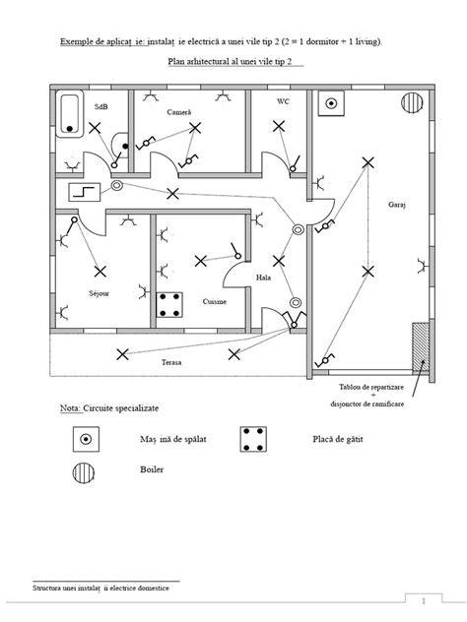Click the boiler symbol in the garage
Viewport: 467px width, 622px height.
pos(412,102)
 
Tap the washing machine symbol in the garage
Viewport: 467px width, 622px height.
pos(331,103)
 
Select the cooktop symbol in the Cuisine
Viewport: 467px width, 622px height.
pos(169,305)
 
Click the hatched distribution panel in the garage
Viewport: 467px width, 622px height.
pos(421,347)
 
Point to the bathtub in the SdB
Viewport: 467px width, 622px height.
pos(70,113)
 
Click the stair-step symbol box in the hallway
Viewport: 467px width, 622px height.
pos(84,192)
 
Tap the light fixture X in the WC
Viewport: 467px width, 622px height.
pos(279,127)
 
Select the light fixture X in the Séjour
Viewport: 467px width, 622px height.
pos(100,272)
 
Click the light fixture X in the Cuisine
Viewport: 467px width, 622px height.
pos(201,261)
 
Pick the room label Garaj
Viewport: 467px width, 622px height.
pos(397,205)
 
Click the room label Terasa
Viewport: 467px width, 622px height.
pos(171,362)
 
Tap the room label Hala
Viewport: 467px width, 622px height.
pos(264,278)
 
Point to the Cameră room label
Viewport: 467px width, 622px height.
pos(179,112)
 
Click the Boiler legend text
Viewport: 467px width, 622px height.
pos(152,469)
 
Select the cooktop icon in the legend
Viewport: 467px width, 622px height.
pos(253,439)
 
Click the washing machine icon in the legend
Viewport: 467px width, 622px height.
pos(86,439)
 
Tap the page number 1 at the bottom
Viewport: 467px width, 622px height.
pos(424,601)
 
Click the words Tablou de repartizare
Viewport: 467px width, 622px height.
pos(371,387)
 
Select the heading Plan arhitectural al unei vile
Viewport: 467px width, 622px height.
pos(223,61)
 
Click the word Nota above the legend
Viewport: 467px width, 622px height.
pos(71,408)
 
